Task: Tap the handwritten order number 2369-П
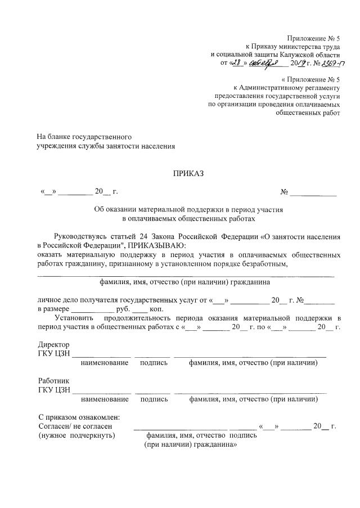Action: [327, 64]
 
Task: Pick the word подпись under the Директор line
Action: [154, 363]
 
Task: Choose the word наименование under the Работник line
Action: [105, 399]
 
